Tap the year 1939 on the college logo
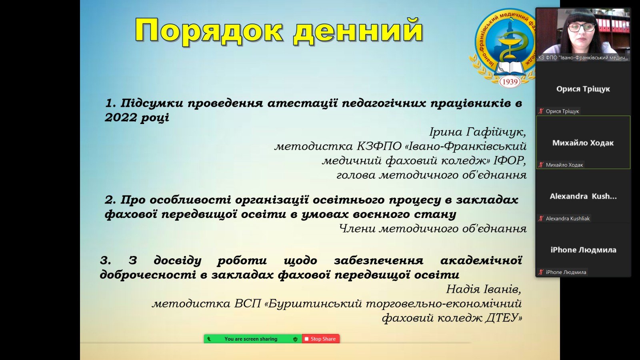(510, 82)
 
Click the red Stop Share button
(320, 339)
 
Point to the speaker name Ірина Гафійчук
(478, 132)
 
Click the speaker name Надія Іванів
(484, 289)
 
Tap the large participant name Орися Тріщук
(583, 89)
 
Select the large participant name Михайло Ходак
(583, 143)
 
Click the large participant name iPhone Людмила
(583, 250)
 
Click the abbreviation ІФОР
(510, 161)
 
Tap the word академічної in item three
(481, 260)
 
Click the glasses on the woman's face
(581, 28)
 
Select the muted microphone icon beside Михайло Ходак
(540, 165)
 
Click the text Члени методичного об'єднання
(432, 228)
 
